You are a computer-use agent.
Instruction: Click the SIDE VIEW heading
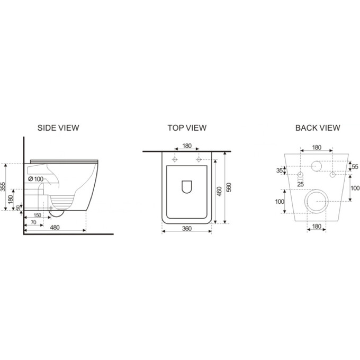click(x=58, y=128)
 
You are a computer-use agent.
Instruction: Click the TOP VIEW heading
click(x=187, y=128)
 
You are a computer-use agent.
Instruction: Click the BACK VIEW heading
click(x=318, y=128)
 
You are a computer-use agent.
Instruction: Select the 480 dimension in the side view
click(x=55, y=227)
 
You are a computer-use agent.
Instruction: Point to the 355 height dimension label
click(x=3, y=187)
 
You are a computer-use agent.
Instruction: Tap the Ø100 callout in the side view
click(x=36, y=179)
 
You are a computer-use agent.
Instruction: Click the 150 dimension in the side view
click(x=37, y=215)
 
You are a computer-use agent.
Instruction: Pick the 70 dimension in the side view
click(x=33, y=222)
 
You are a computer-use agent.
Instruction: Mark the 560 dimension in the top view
click(x=229, y=187)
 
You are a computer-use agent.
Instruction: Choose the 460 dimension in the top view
click(x=219, y=191)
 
